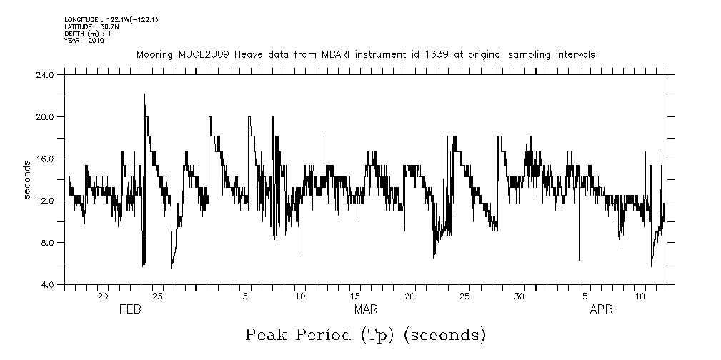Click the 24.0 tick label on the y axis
pos(47,74)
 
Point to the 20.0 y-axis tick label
pos(47,116)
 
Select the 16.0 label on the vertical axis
pos(47,159)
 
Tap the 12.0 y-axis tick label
pos(47,201)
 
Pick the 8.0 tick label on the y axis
pos(49,243)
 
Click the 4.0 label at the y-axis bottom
pos(49,285)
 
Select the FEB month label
pos(130,309)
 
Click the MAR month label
pos(366,309)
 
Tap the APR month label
pos(601,309)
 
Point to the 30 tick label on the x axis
pos(519,296)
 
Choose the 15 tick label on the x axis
pos(355,296)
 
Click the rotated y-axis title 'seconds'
pos(28,179)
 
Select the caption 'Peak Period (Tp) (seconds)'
pos(365,334)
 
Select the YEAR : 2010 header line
pos(84,41)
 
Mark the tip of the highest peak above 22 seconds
pos(144,94)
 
